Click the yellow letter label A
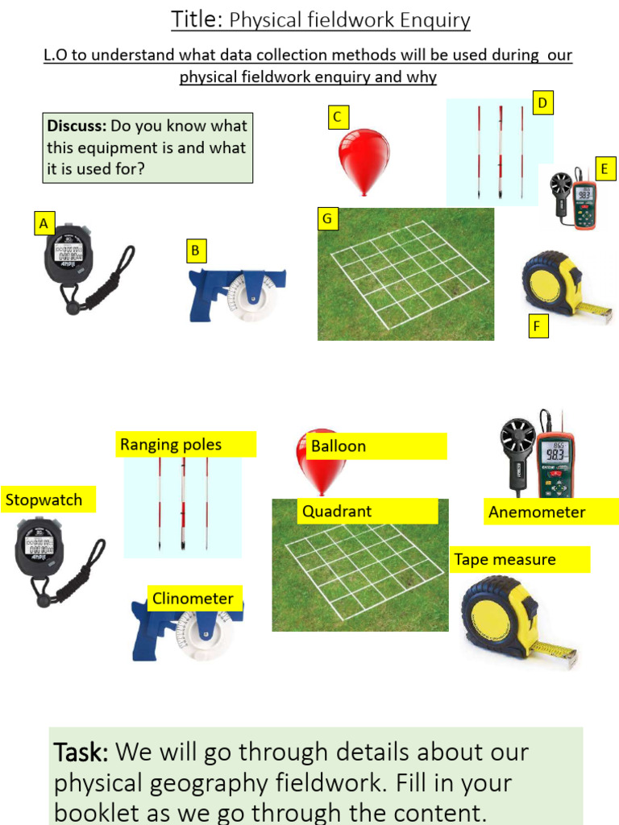click(44, 224)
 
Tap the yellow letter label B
click(196, 251)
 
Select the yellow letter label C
click(338, 118)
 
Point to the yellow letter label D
click(542, 103)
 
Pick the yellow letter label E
click(605, 169)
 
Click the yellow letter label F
click(538, 325)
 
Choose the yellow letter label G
click(327, 218)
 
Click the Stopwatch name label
click(48, 500)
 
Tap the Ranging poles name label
click(186, 445)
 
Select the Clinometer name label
click(194, 599)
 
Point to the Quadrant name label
click(368, 511)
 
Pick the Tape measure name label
click(520, 559)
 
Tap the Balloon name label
click(376, 446)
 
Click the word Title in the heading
click(193, 19)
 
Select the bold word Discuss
click(77, 126)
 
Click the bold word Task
click(81, 752)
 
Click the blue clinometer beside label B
click(238, 295)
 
